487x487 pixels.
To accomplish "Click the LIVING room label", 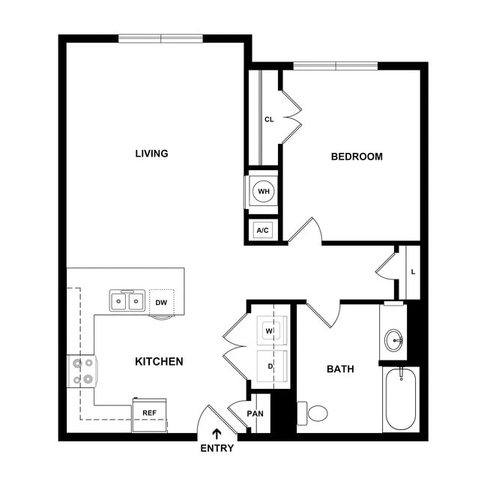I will point(151,154).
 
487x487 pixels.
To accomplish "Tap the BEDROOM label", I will point(357,157).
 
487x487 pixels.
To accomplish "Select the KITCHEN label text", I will point(159,362).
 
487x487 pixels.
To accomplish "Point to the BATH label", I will point(340,369).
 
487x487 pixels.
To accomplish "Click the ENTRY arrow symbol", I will point(217,433).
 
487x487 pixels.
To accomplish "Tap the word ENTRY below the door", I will point(217,449).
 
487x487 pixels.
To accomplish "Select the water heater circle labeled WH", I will point(263,192).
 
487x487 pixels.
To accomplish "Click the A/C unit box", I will point(263,230).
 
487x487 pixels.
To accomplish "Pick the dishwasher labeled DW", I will point(161,302).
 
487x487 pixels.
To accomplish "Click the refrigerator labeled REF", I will point(149,414).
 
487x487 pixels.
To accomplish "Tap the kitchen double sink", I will point(127,301).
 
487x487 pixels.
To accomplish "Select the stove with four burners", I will point(82,371).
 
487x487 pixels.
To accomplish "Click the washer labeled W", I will point(268,330).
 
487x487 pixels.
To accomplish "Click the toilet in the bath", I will point(315,413).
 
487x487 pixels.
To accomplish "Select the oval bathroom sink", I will point(394,340).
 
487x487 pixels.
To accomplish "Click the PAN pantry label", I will point(255,414).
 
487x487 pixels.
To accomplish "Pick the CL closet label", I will point(269,119).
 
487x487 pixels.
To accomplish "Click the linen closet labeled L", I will point(413,271).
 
